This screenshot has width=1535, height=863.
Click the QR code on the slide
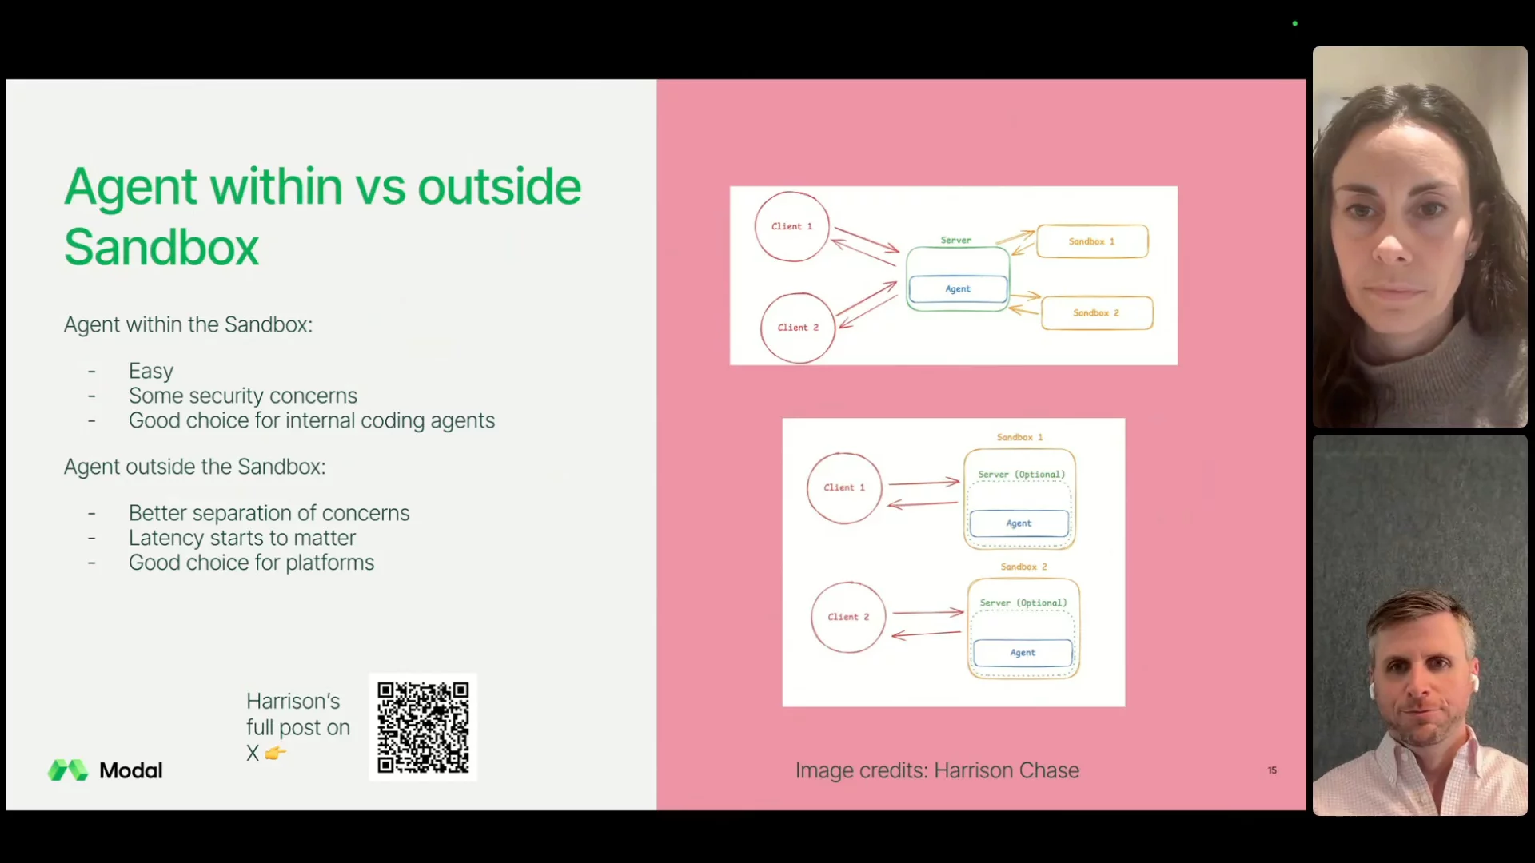[x=423, y=727]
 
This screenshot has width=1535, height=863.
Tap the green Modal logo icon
[x=68, y=770]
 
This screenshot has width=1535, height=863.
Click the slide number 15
[x=1272, y=770]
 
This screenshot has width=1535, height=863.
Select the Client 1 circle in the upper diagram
[x=791, y=226]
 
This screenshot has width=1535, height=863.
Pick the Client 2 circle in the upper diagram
[x=798, y=328]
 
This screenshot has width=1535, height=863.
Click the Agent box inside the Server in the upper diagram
[x=958, y=289]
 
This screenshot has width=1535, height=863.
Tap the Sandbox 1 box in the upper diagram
[x=1092, y=241]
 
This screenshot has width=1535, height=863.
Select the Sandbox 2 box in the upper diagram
[x=1097, y=313]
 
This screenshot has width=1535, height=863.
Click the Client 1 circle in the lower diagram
[x=844, y=487]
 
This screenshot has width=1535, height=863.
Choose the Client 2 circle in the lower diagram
[x=848, y=617]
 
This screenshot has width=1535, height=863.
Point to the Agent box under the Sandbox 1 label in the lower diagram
[x=1019, y=523]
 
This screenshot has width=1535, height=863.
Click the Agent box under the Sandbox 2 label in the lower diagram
[x=1023, y=653]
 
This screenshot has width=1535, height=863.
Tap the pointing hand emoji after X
[x=276, y=753]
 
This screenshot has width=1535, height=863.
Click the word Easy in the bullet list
[x=151, y=371]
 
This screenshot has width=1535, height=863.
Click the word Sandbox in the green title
[x=161, y=247]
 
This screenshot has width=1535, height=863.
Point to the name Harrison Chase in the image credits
[x=1007, y=770]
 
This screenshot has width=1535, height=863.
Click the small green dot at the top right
[x=1295, y=23]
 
